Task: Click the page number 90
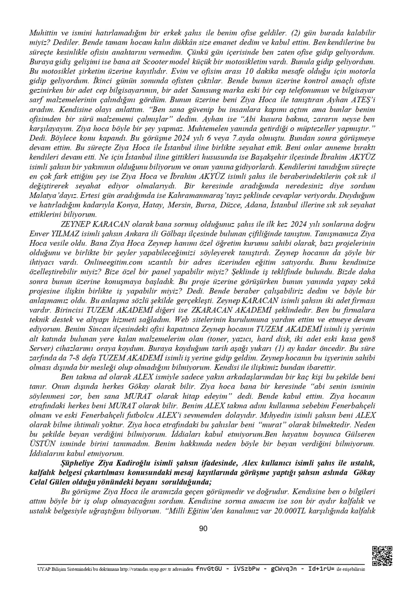tap(203, 529)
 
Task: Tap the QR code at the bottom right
tap(382, 556)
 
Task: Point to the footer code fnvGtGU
tap(210, 569)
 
